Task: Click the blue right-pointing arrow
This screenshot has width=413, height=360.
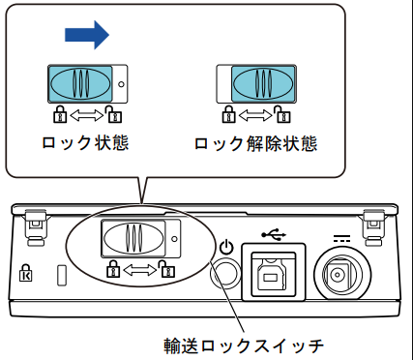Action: [87, 35]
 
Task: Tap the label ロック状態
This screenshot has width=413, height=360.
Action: [85, 143]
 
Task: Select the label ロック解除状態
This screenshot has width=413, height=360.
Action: [255, 144]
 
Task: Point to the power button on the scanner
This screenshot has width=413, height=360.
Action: [225, 274]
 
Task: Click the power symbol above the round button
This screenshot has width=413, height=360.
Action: [226, 248]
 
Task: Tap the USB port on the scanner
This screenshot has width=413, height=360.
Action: [274, 272]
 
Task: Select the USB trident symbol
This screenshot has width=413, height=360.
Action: [274, 234]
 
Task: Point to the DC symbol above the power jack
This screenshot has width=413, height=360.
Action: [341, 239]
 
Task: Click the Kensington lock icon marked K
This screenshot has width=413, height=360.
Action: [26, 273]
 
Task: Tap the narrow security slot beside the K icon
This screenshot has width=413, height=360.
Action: [62, 275]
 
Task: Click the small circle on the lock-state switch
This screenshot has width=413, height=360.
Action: [121, 84]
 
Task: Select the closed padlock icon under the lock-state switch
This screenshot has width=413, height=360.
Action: [60, 114]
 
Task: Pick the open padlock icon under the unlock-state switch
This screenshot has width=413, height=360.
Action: [282, 114]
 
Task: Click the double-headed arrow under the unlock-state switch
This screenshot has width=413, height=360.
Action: [255, 116]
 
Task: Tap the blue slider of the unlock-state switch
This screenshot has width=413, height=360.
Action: [263, 84]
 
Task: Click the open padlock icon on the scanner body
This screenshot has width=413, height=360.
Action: [166, 268]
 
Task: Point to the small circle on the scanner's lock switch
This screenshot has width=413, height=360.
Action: [175, 239]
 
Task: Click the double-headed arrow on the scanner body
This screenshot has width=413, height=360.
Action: [139, 270]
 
